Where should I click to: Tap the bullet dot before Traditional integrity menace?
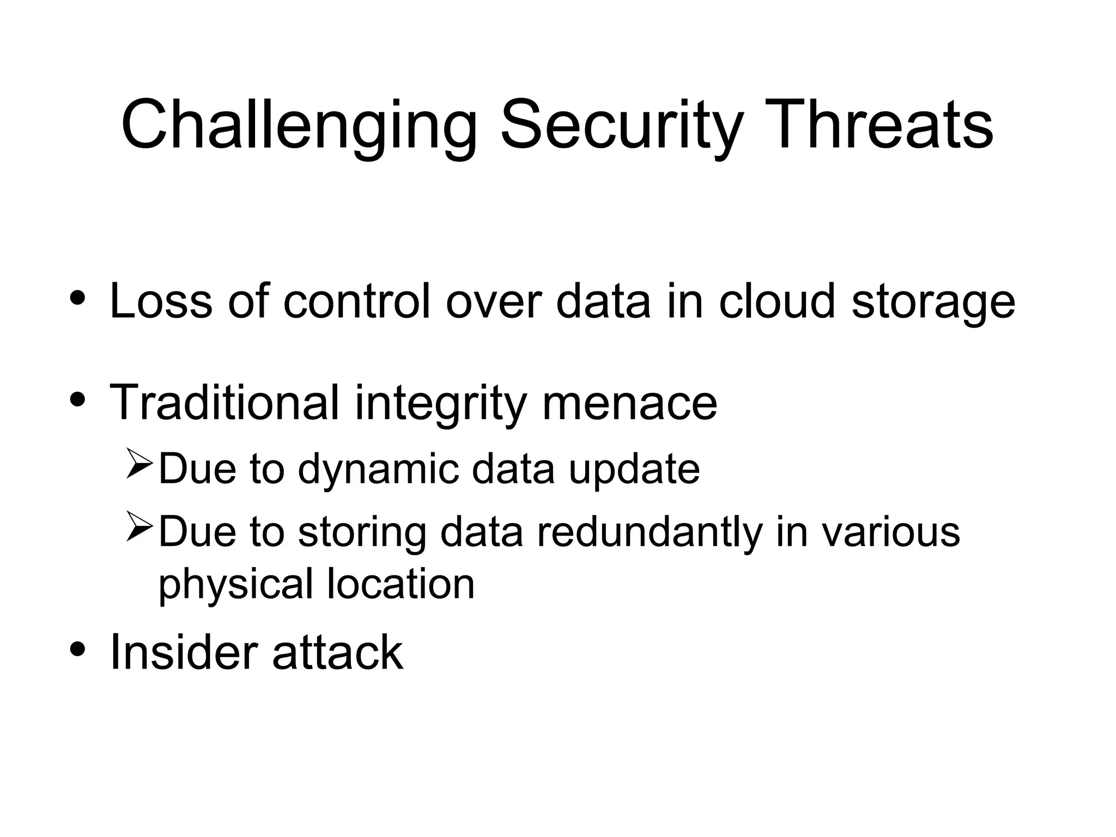click(77, 400)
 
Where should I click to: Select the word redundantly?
click(649, 532)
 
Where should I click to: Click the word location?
click(401, 584)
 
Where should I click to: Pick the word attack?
click(337, 652)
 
